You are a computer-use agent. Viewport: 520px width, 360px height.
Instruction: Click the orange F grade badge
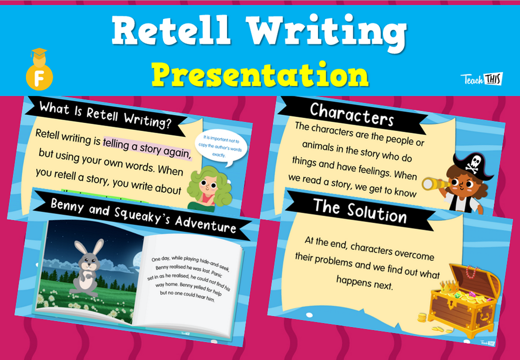39,76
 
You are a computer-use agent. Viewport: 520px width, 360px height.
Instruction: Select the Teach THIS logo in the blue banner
481,79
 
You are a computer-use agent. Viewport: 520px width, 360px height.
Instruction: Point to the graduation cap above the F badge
39,54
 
